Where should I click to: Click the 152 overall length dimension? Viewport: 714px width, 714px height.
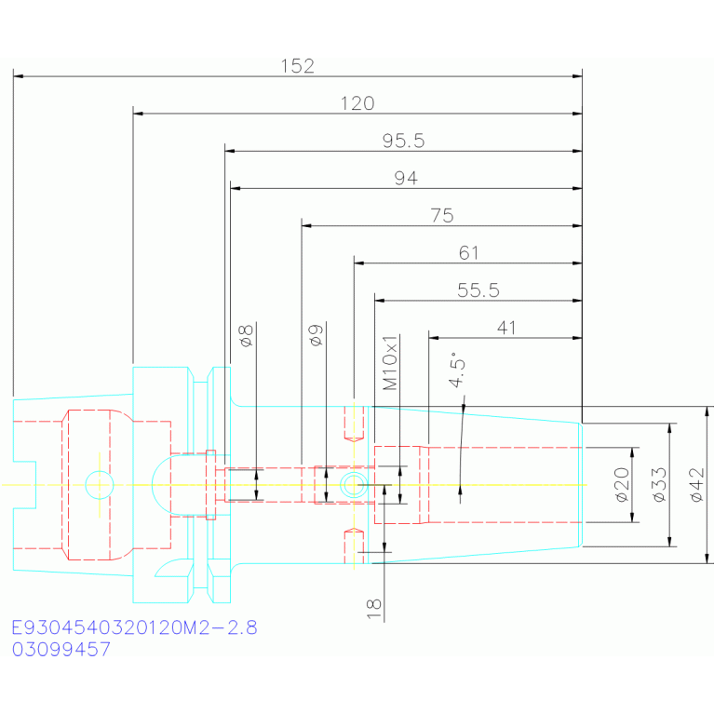click(x=297, y=66)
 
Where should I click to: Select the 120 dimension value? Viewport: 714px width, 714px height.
click(x=357, y=103)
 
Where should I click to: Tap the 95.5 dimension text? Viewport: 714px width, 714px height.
click(x=403, y=141)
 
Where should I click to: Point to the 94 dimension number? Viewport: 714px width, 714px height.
click(x=406, y=178)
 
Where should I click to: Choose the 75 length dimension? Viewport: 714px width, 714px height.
click(x=442, y=215)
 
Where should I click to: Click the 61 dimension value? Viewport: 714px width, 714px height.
click(x=468, y=252)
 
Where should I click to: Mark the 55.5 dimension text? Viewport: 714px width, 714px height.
click(x=478, y=290)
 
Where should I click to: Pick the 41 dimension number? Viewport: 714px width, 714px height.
click(x=506, y=328)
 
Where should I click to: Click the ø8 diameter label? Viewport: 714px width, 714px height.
click(x=246, y=336)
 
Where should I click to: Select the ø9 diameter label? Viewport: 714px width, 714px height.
click(x=316, y=336)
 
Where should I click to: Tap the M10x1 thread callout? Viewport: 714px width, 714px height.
click(x=390, y=363)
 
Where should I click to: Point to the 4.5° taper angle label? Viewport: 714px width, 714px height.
click(x=457, y=370)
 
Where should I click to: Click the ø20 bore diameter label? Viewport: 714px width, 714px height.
click(x=622, y=485)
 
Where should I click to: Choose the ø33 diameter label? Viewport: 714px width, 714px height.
click(x=659, y=485)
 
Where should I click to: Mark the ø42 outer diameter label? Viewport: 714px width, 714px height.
click(x=697, y=485)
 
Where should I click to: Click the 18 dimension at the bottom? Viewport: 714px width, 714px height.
click(x=373, y=609)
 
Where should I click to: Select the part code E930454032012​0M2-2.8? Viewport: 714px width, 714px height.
click(x=134, y=627)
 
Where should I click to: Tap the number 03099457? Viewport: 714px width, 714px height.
click(x=61, y=650)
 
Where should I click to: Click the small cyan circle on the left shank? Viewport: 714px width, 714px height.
click(x=100, y=485)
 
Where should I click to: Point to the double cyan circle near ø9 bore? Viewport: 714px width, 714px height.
click(x=354, y=485)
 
